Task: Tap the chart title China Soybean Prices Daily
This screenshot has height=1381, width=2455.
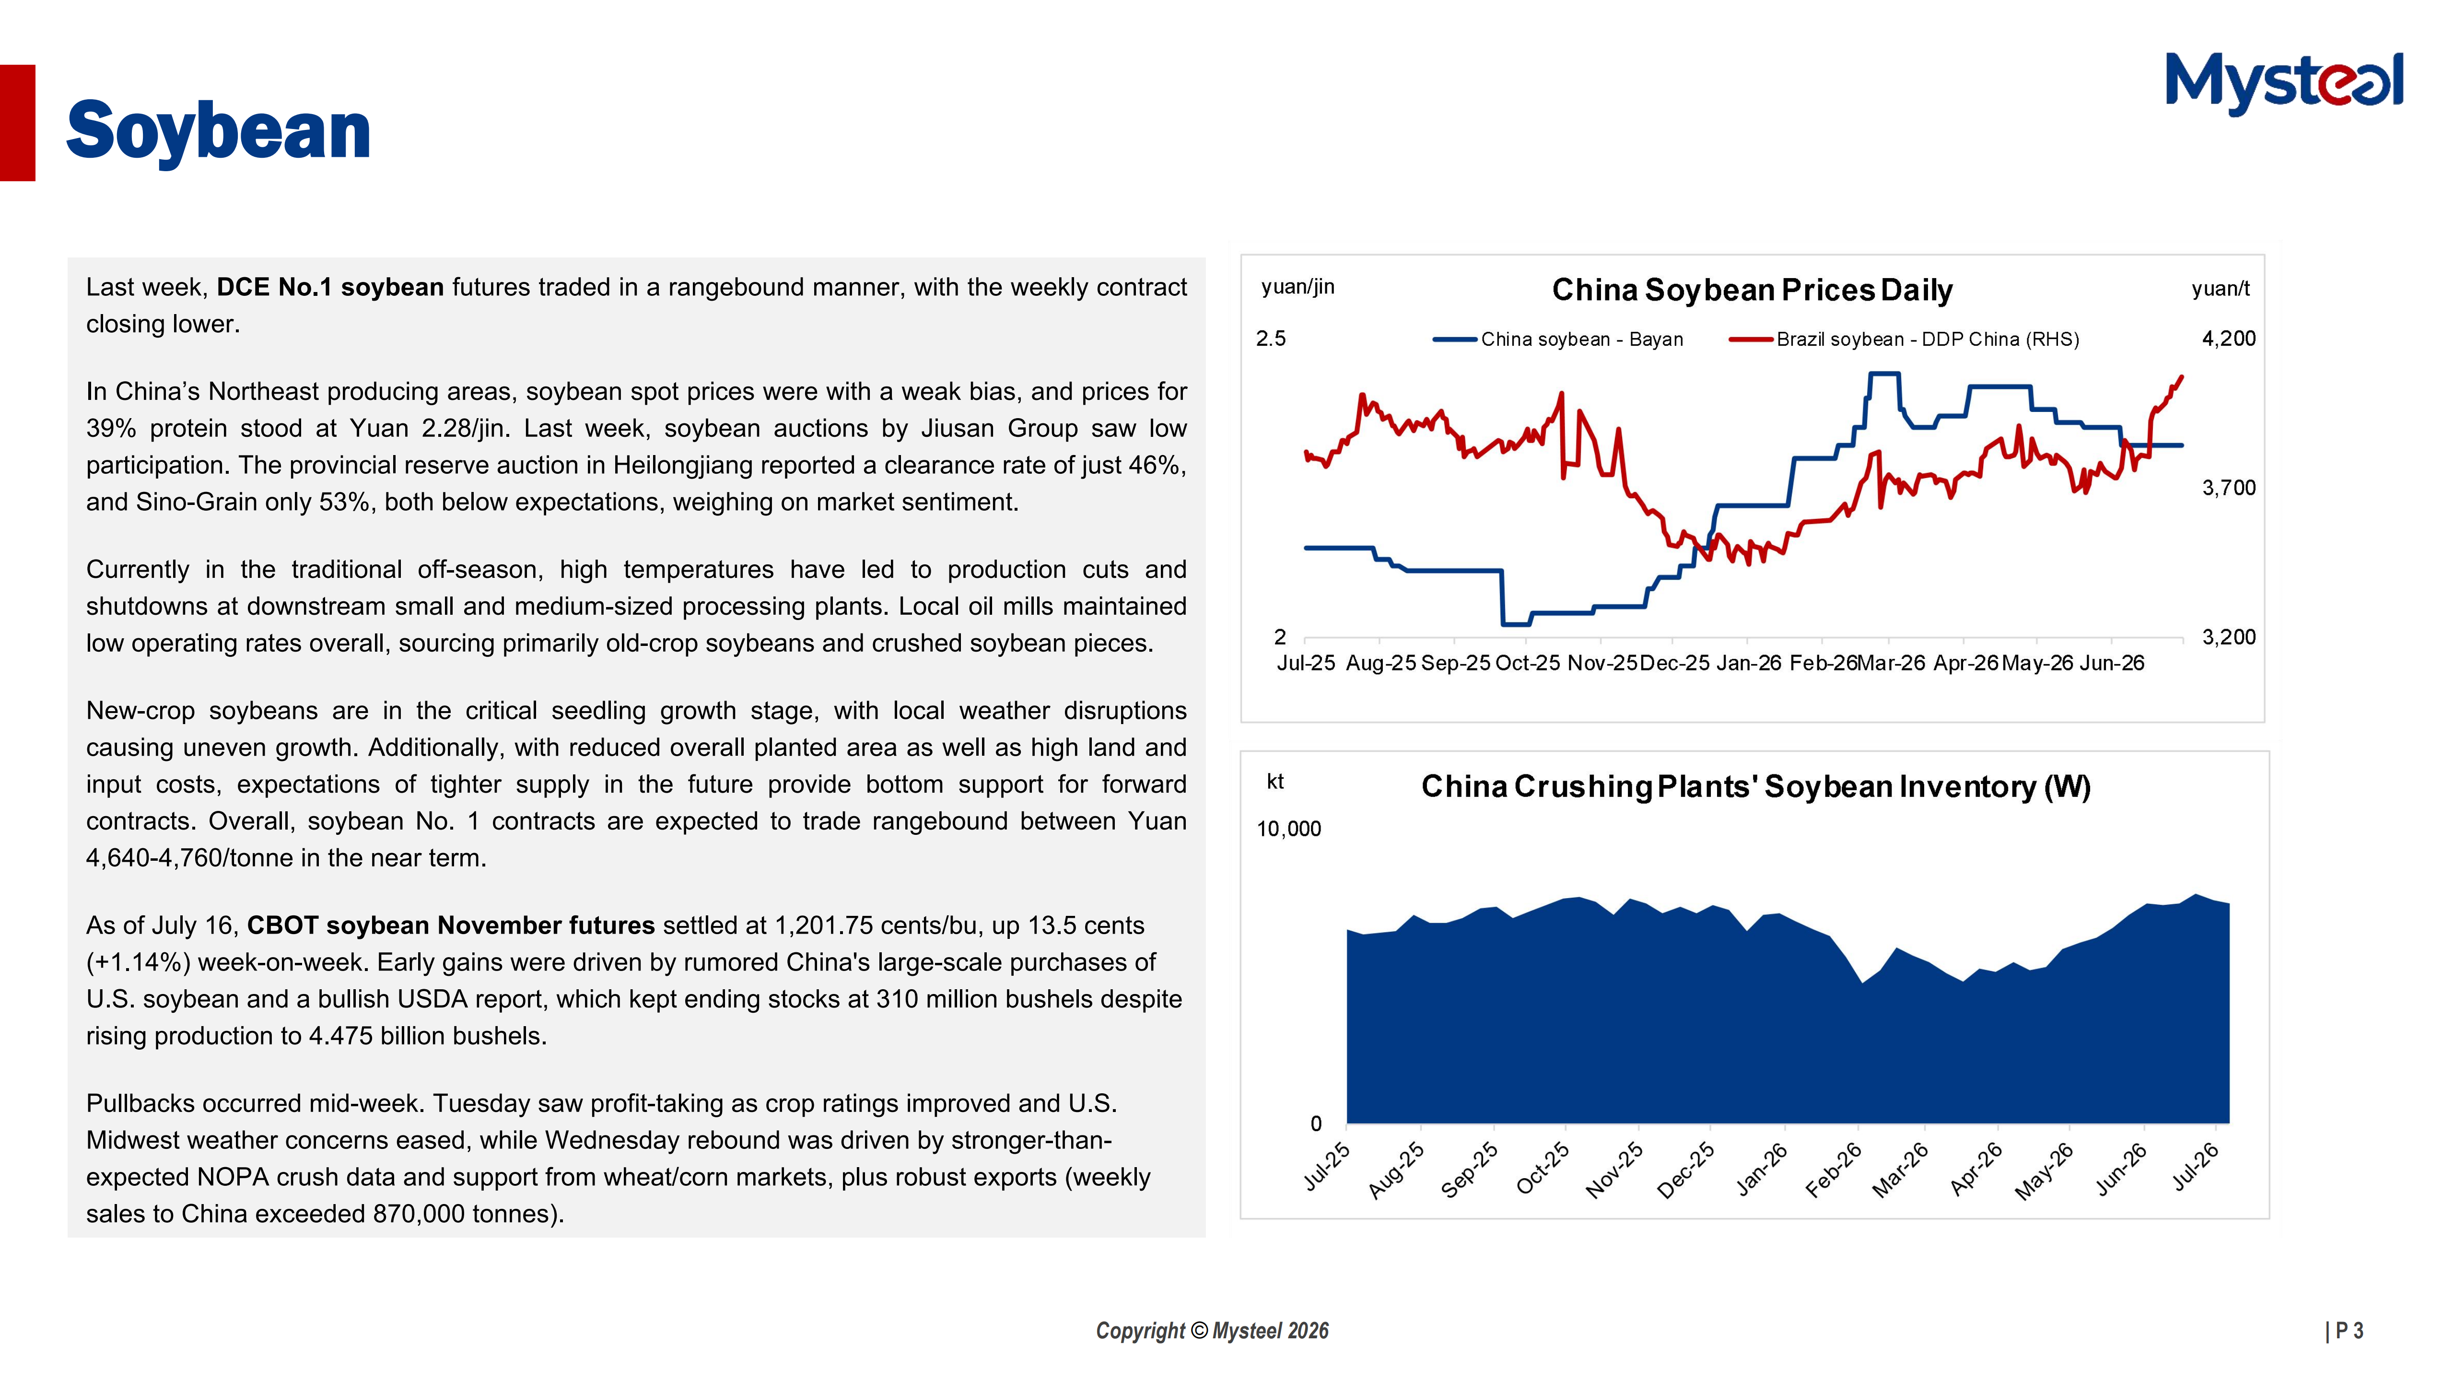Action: tap(1752, 290)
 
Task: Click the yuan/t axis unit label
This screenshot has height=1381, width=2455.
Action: tap(2221, 289)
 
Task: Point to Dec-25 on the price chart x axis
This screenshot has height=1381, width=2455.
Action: tap(1674, 663)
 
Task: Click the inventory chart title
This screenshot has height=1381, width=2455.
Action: tap(1755, 786)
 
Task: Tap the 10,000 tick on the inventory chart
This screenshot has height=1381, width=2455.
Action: tap(1288, 829)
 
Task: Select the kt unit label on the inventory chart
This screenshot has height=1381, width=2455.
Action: tap(1275, 782)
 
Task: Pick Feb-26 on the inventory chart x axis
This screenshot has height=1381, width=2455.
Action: tap(1835, 1169)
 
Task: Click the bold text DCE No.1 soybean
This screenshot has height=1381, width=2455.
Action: tap(330, 287)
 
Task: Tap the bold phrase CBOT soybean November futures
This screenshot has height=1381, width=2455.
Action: tap(451, 925)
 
